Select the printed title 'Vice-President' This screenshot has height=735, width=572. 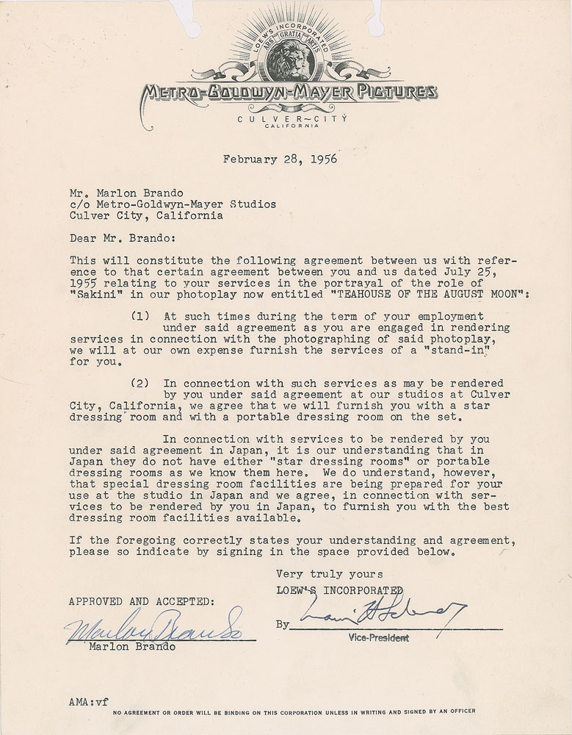click(380, 638)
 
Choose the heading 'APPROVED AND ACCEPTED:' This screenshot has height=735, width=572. click(141, 600)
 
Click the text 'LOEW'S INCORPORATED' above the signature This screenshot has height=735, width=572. click(339, 589)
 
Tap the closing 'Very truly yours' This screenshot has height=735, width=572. click(329, 574)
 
